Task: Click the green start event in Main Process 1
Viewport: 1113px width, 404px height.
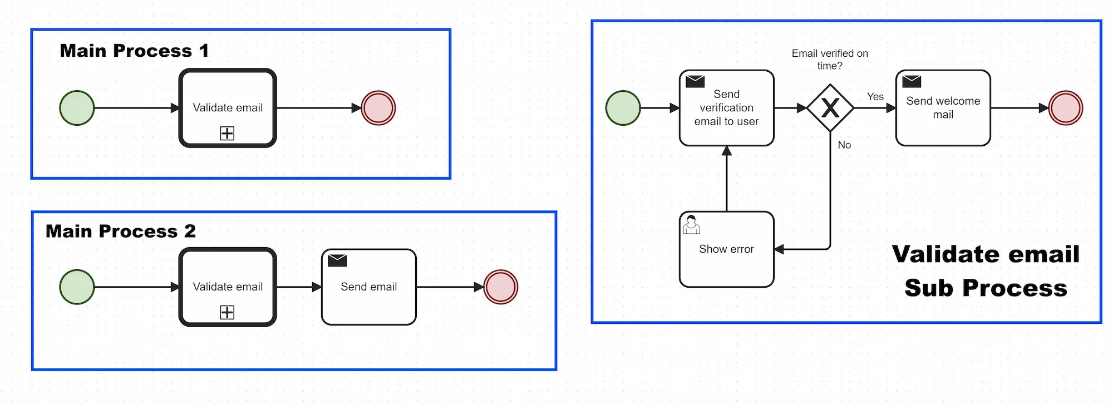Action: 77,108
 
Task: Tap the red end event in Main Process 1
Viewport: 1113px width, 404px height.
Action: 378,108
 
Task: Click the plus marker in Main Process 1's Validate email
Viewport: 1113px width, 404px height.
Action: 227,133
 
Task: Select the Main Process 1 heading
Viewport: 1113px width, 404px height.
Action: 134,51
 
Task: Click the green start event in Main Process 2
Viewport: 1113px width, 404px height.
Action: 77,287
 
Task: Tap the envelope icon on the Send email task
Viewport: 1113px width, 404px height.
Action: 337,260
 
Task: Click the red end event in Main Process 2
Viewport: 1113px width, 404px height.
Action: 501,287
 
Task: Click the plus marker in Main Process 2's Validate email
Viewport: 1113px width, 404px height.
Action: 227,312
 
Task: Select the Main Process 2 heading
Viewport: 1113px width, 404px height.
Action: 121,231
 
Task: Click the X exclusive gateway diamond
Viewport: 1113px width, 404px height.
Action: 830,108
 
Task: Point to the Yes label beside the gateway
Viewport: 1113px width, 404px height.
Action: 875,97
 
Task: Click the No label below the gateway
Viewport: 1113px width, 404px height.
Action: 844,145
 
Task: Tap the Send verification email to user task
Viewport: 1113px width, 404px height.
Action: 727,108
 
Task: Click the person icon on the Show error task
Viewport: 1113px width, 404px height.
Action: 691,225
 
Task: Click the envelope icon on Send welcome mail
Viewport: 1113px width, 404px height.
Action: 912,82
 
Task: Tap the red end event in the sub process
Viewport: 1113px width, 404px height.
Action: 1066,108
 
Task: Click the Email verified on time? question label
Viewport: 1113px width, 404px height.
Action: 830,60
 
